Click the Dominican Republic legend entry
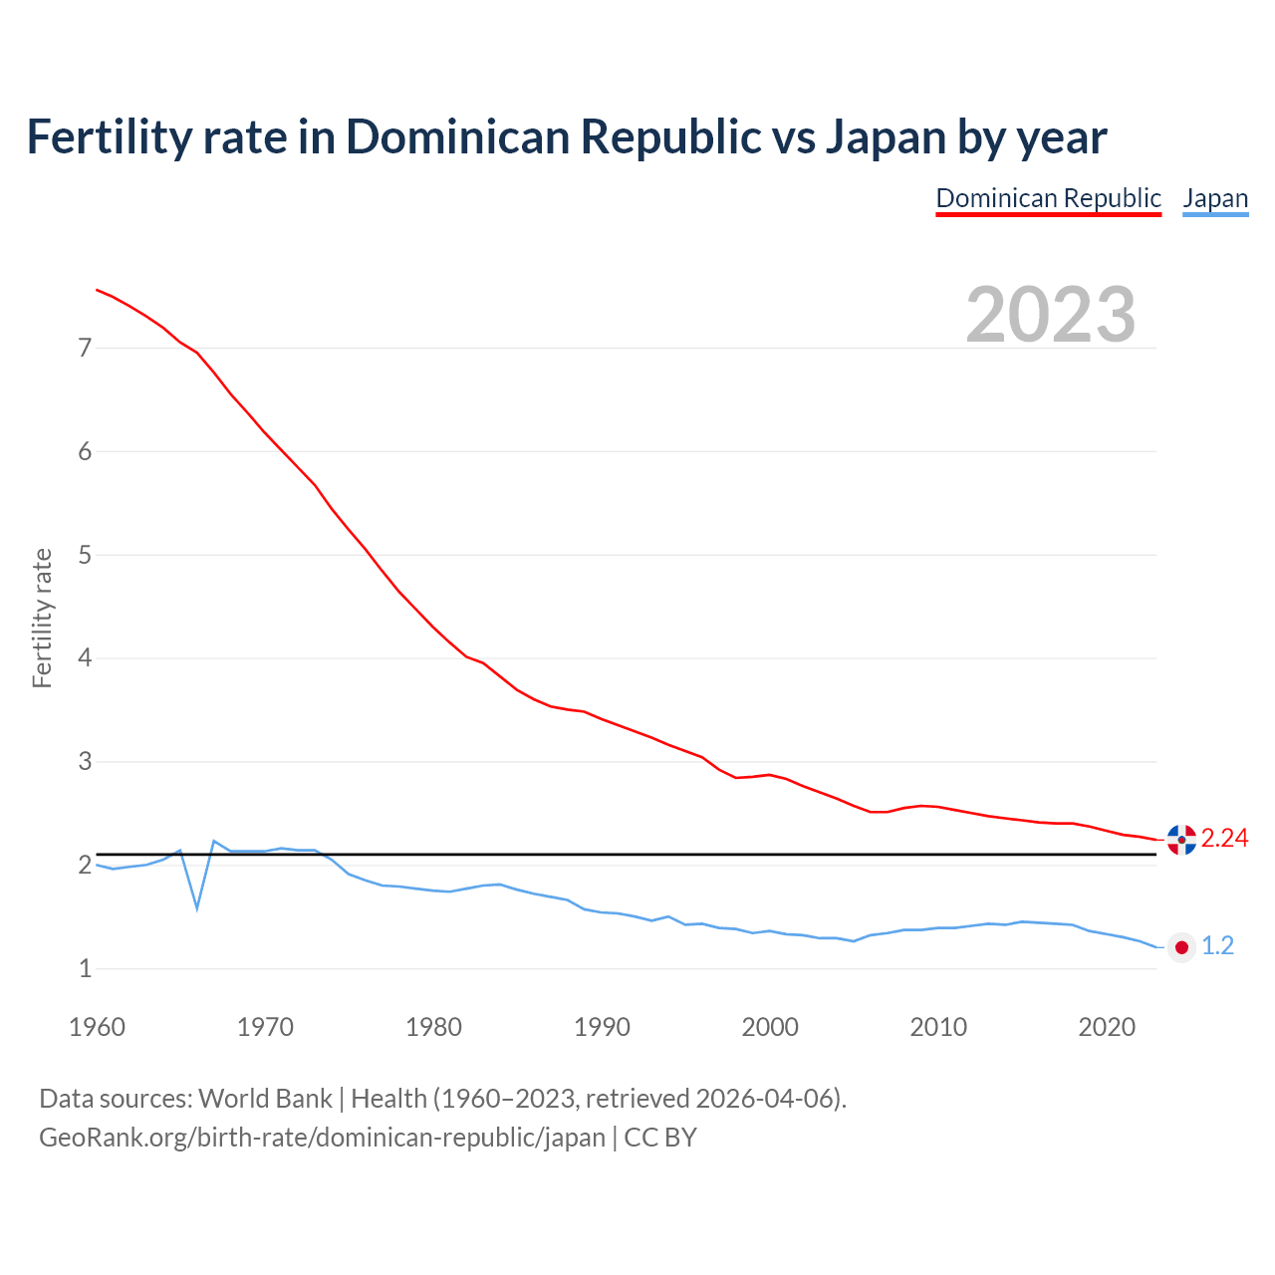[1048, 198]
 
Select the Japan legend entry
[1215, 198]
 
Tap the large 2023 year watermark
[1051, 315]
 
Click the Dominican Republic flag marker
[1181, 840]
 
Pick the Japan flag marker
[1181, 947]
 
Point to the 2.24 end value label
[1224, 839]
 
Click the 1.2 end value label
[1217, 946]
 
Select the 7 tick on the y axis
[85, 348]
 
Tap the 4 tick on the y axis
[85, 658]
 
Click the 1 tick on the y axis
[85, 968]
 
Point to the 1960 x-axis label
[97, 1027]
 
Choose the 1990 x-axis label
[602, 1027]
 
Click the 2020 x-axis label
[1107, 1027]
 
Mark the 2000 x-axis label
[770, 1027]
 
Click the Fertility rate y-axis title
[42, 618]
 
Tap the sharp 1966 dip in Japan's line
[197, 907]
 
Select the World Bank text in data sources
[265, 1099]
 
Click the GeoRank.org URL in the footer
[322, 1138]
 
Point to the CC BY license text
[660, 1138]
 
